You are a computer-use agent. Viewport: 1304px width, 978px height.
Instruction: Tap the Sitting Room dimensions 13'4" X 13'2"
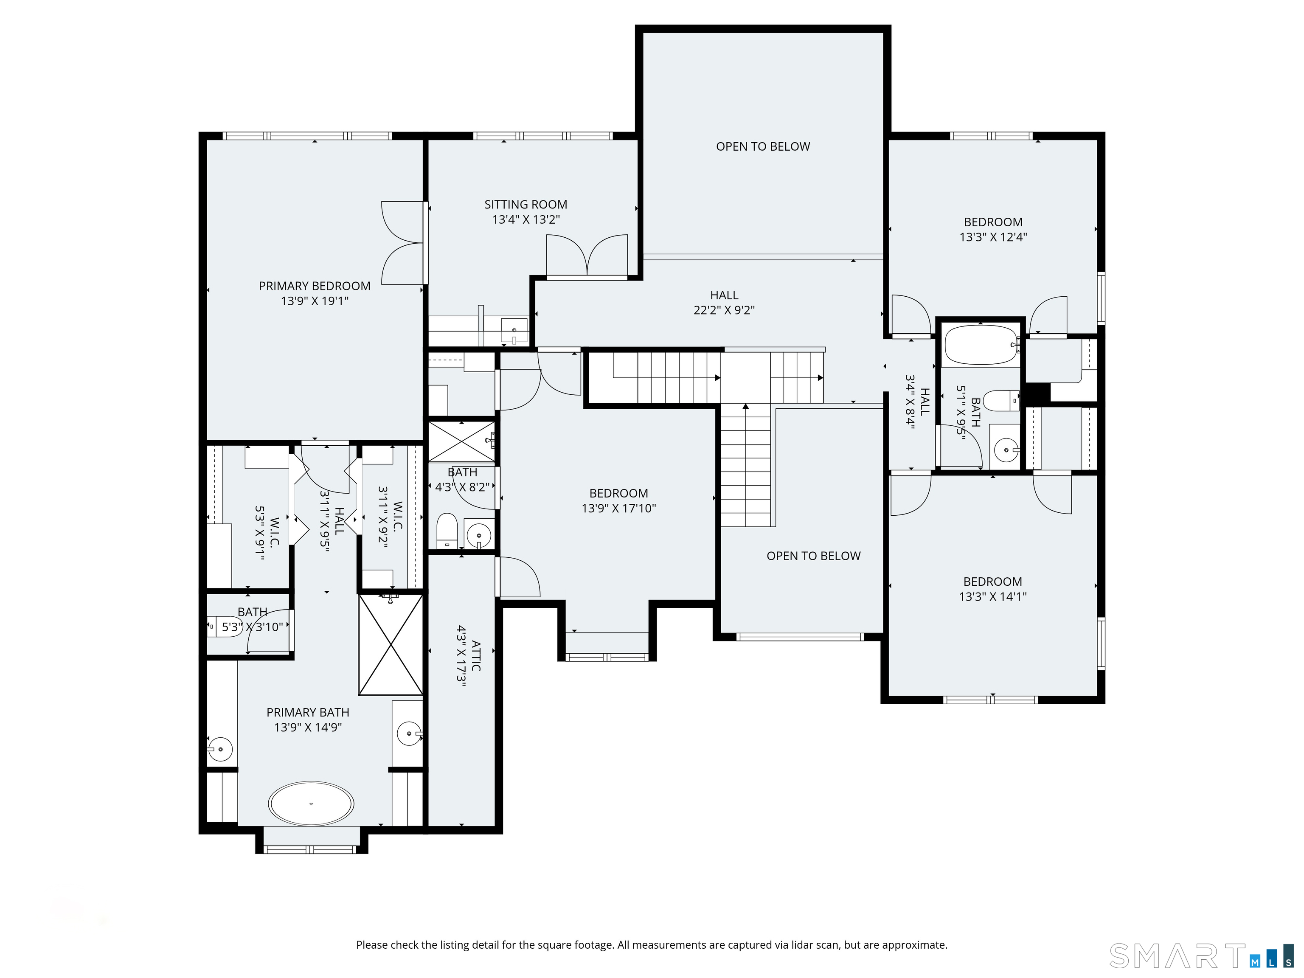click(x=526, y=219)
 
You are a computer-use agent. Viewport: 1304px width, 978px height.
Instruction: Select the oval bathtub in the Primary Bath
click(x=311, y=804)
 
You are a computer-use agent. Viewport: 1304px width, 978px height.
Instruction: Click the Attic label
click(x=476, y=655)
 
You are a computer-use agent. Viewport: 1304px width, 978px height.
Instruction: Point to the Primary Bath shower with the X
click(x=391, y=645)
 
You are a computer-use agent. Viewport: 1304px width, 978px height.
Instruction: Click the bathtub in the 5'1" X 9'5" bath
click(x=981, y=345)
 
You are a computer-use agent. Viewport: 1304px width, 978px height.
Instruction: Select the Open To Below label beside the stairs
click(x=814, y=556)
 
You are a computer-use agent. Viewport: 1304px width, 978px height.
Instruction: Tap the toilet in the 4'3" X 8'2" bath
click(x=447, y=530)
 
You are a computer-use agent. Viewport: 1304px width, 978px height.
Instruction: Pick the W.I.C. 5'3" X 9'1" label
click(x=267, y=532)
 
